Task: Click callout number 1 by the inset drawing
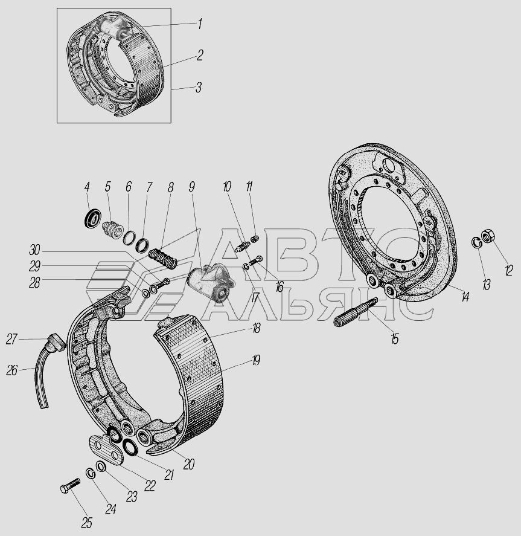pos(200,24)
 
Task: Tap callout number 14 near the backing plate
pos(465,297)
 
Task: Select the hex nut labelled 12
pos(488,236)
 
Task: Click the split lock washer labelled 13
pos(477,242)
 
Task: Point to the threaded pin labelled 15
pos(354,312)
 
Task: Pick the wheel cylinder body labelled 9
pos(211,282)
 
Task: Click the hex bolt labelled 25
pos(70,485)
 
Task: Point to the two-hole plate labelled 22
pos(105,449)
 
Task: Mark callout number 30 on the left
pos(34,250)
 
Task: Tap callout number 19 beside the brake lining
pos(256,360)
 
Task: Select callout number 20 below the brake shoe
pos(189,464)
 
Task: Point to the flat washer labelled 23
pos(101,467)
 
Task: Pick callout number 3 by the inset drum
pos(198,87)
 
